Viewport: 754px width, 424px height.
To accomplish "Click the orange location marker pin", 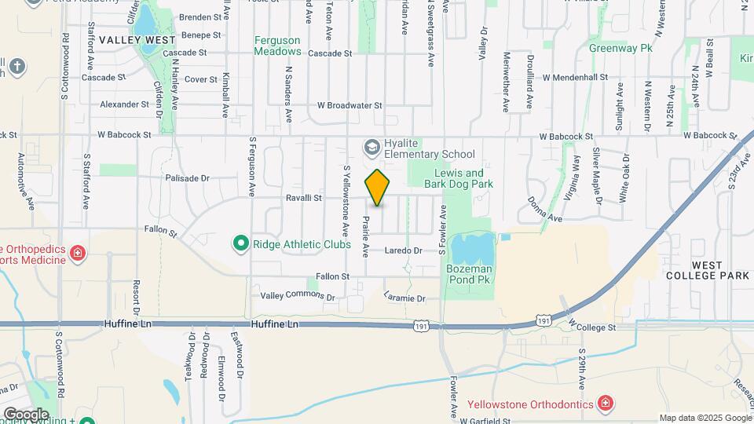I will [377, 188].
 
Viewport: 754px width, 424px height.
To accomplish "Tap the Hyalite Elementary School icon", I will [370, 147].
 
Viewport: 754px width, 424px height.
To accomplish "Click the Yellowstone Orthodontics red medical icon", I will [605, 404].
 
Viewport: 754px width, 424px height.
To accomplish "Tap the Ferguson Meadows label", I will [277, 46].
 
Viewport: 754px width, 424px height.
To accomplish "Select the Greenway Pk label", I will [621, 48].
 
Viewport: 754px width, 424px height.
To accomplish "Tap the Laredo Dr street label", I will [404, 250].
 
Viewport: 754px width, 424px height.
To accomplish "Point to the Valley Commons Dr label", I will [298, 297].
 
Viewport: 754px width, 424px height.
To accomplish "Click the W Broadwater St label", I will [350, 104].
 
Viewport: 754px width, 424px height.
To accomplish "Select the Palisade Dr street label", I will [187, 178].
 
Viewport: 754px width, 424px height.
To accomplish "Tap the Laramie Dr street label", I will [404, 298].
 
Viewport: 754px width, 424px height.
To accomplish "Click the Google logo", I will [25, 414].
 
